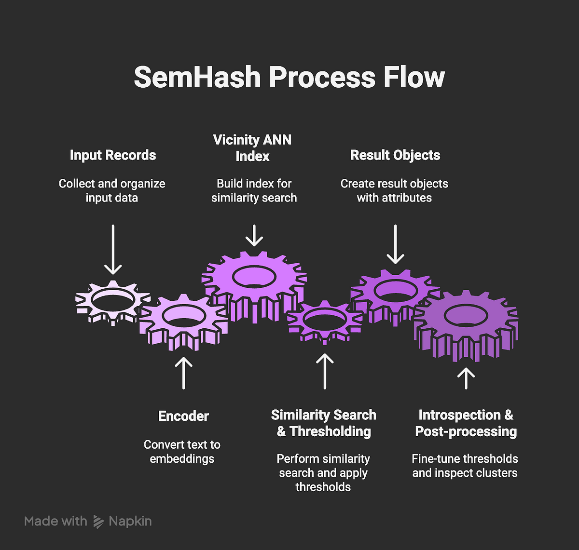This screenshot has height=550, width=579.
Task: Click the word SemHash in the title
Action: (197, 77)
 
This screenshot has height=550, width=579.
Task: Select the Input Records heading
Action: (113, 155)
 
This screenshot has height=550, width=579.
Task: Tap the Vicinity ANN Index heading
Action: (252, 148)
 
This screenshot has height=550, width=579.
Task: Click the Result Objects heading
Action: (395, 155)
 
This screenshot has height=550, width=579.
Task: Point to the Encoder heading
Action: (183, 416)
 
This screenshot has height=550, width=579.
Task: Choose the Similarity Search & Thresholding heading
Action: (323, 423)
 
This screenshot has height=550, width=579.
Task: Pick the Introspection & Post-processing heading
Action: (466, 423)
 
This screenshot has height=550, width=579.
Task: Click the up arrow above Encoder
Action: (183, 373)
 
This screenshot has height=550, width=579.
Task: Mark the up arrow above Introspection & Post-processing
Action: (466, 378)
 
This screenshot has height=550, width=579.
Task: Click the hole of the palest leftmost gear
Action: (113, 300)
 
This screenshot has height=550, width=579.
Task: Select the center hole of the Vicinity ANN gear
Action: (254, 277)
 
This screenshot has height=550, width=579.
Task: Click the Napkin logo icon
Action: (98, 522)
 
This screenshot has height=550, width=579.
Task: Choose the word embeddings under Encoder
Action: (182, 458)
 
